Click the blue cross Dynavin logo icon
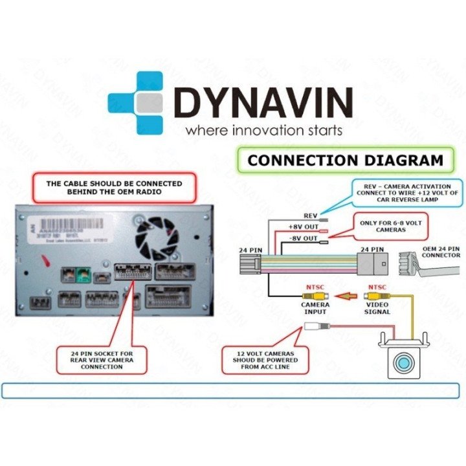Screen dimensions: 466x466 (137, 103)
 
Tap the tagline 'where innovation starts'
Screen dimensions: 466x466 (263, 131)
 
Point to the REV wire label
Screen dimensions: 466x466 (311, 214)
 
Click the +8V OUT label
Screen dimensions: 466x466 (303, 227)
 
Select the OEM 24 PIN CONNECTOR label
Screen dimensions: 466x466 (437, 252)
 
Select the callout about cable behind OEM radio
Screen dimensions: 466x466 (114, 187)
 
